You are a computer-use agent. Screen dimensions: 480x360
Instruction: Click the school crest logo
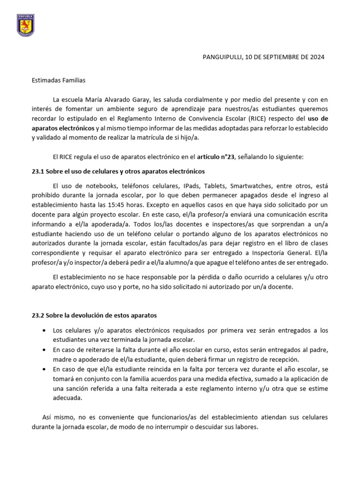25,26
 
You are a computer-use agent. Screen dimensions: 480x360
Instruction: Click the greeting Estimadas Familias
59,81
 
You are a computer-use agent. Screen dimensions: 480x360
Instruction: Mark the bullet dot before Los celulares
44,330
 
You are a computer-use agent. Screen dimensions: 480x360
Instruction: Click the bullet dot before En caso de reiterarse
44,350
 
